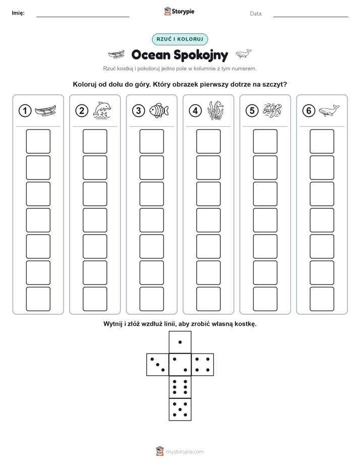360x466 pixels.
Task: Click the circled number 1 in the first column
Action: click(25, 111)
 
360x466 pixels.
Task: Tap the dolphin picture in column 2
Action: click(102, 110)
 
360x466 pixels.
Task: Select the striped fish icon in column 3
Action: click(159, 111)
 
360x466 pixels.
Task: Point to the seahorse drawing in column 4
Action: click(216, 110)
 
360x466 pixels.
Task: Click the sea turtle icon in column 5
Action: click(272, 110)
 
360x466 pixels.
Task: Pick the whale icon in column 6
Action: click(329, 110)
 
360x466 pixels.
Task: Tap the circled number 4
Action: click(195, 111)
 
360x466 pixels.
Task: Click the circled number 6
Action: click(309, 111)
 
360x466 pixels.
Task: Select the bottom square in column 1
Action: click(38, 299)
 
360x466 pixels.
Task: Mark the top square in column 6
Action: click(322, 141)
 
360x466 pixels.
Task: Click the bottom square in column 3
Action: click(151, 299)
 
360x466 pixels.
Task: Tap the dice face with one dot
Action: click(180, 342)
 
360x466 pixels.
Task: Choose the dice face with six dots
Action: click(180, 387)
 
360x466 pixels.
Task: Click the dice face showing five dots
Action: click(180, 409)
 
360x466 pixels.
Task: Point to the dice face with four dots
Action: click(203, 364)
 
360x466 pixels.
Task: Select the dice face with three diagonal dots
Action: click(158, 364)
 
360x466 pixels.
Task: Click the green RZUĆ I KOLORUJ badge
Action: click(179, 39)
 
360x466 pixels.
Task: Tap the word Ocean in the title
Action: click(151, 55)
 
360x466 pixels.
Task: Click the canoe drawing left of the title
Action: click(116, 54)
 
